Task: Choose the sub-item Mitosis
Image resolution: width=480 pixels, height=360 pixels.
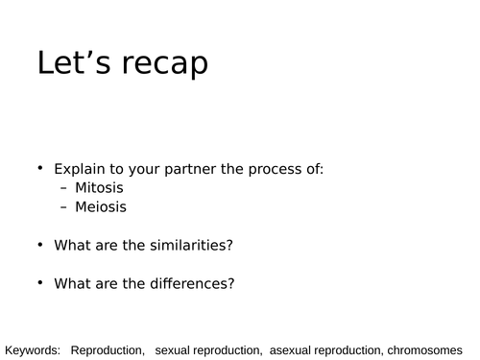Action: (100, 187)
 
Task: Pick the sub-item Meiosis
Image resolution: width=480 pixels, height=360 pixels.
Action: (101, 205)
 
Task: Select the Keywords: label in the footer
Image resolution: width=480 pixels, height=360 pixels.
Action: (34, 349)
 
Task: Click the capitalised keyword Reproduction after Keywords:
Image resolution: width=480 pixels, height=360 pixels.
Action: (108, 349)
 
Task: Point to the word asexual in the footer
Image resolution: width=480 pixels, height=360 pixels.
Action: (293, 349)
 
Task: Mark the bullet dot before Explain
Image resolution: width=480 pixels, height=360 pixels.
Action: (40, 168)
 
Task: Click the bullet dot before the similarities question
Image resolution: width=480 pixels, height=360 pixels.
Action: (40, 244)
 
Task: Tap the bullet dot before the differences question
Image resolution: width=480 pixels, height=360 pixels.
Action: (40, 281)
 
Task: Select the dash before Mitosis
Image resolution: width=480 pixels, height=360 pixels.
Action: (64, 188)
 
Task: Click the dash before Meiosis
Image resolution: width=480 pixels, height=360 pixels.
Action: (64, 206)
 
